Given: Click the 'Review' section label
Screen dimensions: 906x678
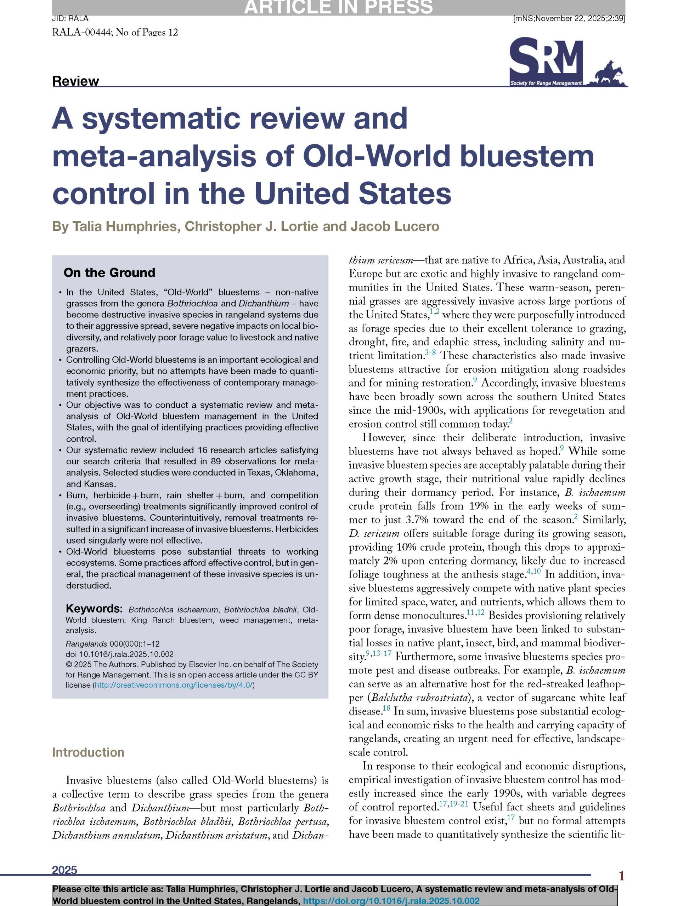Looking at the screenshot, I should click(x=75, y=81).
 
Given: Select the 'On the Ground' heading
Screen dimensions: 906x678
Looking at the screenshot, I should click(x=109, y=273).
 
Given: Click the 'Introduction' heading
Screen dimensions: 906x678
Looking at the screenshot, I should click(x=88, y=752).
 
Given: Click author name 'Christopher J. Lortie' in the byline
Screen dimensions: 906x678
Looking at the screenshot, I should click(x=251, y=226).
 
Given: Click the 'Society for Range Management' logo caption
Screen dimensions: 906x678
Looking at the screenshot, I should click(x=545, y=83).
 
